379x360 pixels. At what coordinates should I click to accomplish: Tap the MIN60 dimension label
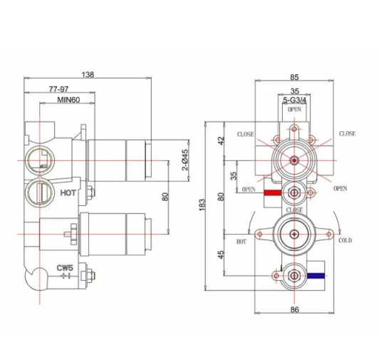68,103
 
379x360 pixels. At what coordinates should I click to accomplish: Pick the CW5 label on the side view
66,268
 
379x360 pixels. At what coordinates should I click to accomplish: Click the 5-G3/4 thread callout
294,101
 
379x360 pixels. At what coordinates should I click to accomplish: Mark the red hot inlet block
271,192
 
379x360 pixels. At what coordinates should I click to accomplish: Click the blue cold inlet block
317,274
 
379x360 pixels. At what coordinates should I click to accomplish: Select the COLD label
346,241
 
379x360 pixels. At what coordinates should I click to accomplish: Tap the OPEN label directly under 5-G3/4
294,110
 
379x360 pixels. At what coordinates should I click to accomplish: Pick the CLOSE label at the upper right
347,133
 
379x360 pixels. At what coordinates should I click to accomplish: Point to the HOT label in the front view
240,242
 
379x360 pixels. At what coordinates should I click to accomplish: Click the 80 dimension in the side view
165,197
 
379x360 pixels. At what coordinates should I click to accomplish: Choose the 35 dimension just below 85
294,91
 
